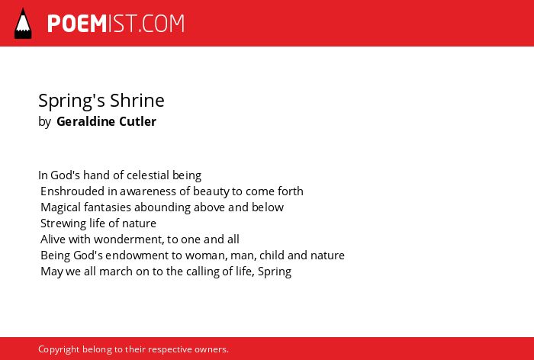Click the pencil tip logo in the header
[x=23, y=24]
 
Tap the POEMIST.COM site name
[x=116, y=24]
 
